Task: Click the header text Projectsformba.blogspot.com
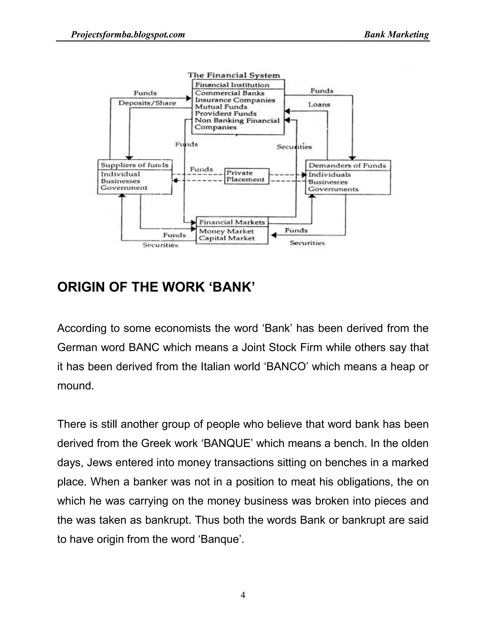point(128,35)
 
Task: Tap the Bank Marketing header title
point(396,35)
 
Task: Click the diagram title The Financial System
point(234,75)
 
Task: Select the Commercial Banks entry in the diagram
point(229,93)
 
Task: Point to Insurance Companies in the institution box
point(235,100)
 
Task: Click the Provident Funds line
point(225,113)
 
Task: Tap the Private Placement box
point(247,176)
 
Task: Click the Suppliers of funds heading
point(134,165)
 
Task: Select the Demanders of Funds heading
point(347,165)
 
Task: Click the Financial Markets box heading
point(232,222)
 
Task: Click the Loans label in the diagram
point(319,104)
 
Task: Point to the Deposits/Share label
point(147,103)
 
